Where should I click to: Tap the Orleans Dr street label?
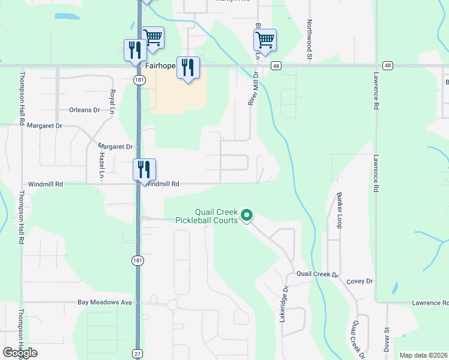[x=84, y=110]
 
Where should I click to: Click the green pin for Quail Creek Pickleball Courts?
[x=246, y=215]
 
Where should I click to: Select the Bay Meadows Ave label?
[x=104, y=302]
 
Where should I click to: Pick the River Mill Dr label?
[x=253, y=89]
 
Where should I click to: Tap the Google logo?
[x=20, y=353]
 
